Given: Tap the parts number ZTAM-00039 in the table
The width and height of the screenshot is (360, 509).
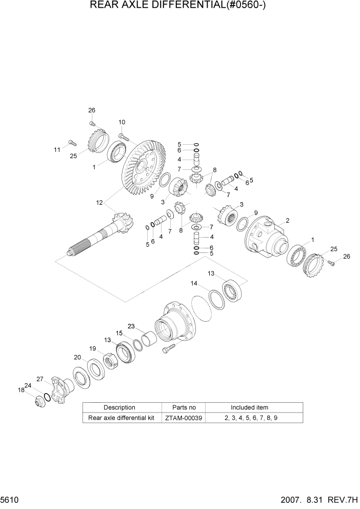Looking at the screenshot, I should tap(184, 418).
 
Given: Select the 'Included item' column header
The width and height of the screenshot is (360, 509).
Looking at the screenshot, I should tap(249, 407).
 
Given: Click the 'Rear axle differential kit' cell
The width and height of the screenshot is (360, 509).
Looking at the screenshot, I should tap(122, 418).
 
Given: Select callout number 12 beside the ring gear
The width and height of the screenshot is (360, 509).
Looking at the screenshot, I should tap(99, 203).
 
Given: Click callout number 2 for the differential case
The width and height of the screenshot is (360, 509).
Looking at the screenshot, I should tap(288, 221).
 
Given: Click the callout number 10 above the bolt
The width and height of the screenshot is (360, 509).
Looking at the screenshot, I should tap(122, 122).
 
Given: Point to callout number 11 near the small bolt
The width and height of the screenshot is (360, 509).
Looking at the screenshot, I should tap(57, 149).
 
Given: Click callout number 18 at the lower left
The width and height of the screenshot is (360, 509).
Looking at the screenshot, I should tap(22, 390).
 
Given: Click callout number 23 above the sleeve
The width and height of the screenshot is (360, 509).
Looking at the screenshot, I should tap(131, 326).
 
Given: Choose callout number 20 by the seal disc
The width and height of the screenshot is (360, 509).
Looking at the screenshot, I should tap(77, 357).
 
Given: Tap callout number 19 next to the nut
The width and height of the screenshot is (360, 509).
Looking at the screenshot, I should tap(93, 348).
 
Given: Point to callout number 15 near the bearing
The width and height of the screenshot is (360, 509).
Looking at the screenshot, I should tap(119, 334).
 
